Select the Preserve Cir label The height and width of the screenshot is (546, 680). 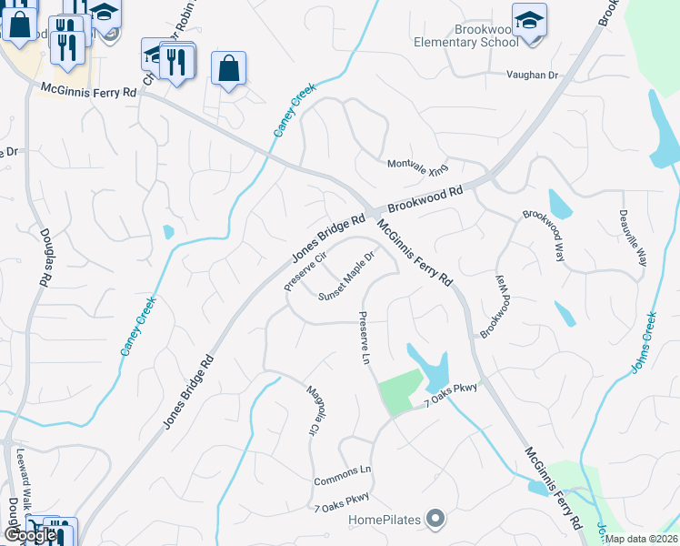click(x=303, y=271)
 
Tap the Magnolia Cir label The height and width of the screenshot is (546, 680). click(x=315, y=410)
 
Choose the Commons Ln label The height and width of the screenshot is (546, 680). click(x=343, y=476)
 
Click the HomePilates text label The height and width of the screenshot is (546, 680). click(x=388, y=521)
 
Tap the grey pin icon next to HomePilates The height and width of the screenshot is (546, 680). click(x=436, y=520)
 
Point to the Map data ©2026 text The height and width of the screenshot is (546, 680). click(x=641, y=539)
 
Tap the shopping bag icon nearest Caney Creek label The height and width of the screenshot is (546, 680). click(x=228, y=67)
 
